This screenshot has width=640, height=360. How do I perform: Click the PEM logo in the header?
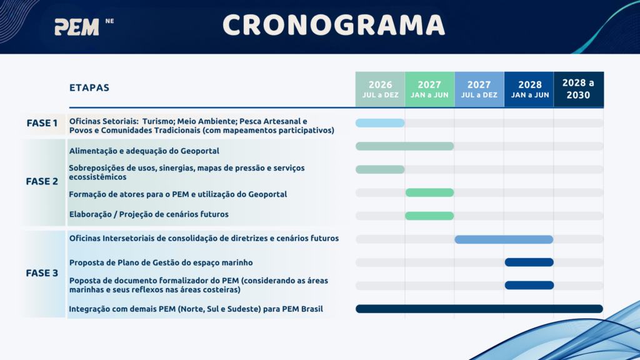[x=77, y=27]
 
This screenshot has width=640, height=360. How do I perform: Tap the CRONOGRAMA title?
[x=334, y=25]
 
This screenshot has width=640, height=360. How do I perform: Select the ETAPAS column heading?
[x=89, y=87]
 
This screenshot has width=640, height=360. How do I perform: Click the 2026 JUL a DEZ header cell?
[x=380, y=89]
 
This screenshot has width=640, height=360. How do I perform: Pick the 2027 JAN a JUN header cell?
[x=430, y=89]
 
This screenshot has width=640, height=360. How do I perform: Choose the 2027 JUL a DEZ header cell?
[x=479, y=89]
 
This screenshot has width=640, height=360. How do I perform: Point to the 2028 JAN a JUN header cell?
[x=529, y=89]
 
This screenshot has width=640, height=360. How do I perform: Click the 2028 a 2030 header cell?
[x=579, y=89]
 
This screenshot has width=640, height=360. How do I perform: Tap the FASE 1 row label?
[x=42, y=123]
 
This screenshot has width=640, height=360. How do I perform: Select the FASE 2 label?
[x=42, y=181]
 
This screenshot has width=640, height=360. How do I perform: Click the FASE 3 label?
[x=42, y=273]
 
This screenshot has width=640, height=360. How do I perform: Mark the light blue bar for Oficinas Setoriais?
[x=380, y=123]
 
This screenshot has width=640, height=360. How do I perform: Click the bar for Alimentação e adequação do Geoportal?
[x=404, y=146]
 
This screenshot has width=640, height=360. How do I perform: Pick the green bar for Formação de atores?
[x=429, y=192]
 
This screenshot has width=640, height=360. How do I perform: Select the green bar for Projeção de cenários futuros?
[x=429, y=216]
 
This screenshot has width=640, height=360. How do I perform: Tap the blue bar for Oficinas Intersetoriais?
[x=504, y=239]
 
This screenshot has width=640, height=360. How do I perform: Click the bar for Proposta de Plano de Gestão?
[x=529, y=262]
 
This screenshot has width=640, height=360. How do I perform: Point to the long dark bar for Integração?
[x=479, y=309]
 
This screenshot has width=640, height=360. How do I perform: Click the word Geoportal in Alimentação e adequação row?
[x=200, y=151]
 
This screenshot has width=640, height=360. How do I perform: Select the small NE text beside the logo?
[x=109, y=21]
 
